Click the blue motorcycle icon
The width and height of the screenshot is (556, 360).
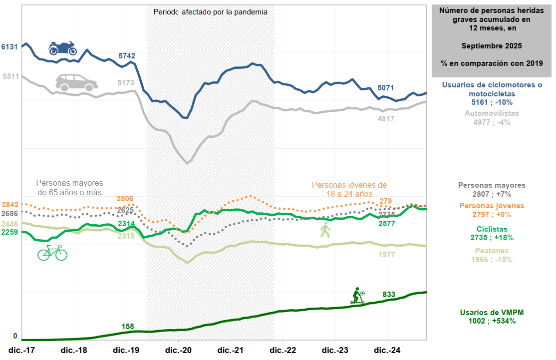tap(62, 48)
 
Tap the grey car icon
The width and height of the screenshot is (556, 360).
tap(76, 82)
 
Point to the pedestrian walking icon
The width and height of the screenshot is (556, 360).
tap(325, 230)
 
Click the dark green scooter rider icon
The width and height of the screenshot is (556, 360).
tap(357, 296)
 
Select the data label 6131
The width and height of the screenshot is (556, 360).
tap(9, 47)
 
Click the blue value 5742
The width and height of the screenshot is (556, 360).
tap(127, 56)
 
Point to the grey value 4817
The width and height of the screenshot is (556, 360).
tap(386, 119)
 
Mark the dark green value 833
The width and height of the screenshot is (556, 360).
tap(389, 295)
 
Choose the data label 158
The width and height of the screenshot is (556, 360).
tap(128, 327)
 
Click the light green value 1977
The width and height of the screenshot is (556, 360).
tap(386, 255)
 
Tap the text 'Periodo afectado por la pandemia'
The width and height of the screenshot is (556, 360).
tap(210, 11)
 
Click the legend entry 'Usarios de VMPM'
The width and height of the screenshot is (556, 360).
tap(492, 313)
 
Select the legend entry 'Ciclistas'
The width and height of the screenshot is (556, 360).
tap(492, 229)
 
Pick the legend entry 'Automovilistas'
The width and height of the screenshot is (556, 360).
tap(492, 113)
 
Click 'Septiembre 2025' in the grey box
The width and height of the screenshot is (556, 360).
tap(492, 46)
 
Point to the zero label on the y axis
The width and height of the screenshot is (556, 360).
tap(15, 336)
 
